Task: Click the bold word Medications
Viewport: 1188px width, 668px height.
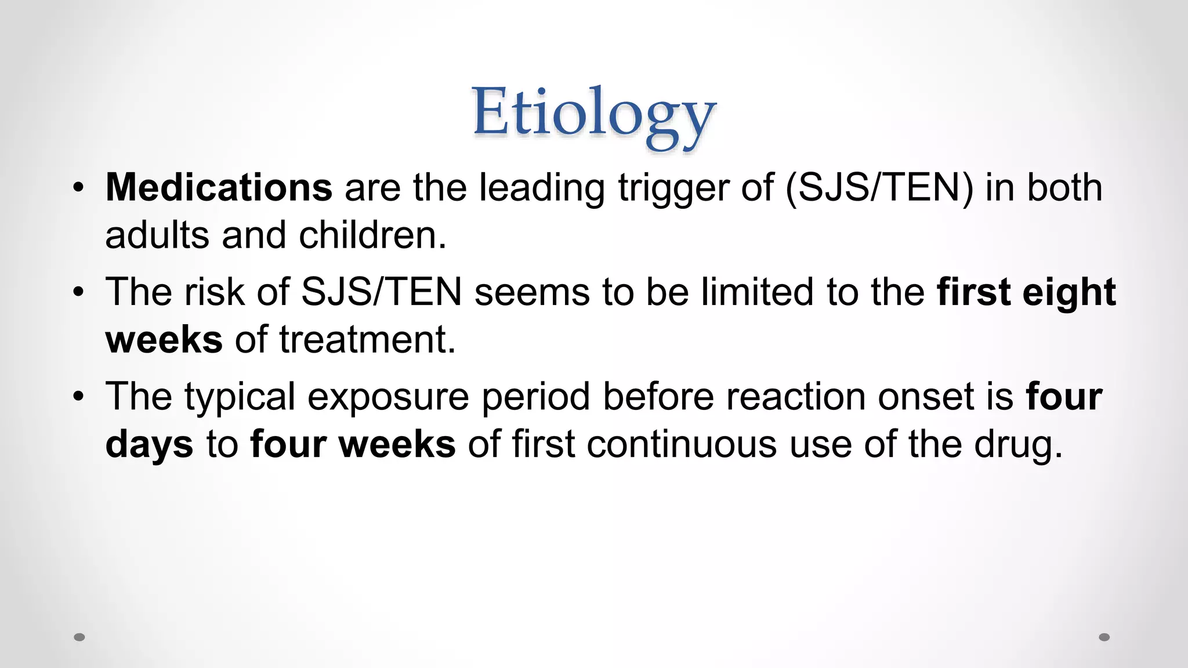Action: [219, 188]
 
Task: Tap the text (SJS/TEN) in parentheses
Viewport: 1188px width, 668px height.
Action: [878, 188]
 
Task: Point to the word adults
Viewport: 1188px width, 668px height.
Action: [157, 235]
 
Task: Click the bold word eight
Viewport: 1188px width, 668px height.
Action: [1069, 293]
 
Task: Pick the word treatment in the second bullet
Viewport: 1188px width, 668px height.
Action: [367, 340]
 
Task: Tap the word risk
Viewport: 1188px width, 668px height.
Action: [213, 292]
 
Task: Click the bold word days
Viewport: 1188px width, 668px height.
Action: [149, 445]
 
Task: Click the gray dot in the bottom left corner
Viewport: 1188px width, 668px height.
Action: [79, 637]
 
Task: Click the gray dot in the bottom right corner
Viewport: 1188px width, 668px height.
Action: [1104, 637]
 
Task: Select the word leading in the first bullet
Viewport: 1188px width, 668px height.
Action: [542, 189]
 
